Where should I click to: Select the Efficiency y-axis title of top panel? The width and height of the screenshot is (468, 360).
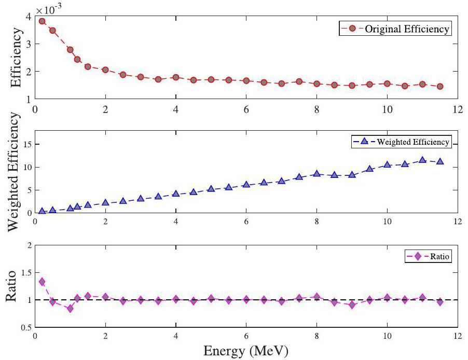point(16,58)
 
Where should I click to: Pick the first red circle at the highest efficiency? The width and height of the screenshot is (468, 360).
point(42,21)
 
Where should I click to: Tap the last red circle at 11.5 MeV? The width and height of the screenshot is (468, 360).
point(440,86)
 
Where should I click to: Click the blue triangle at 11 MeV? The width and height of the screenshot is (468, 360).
point(422,160)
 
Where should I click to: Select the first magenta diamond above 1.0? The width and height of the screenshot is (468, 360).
point(42,282)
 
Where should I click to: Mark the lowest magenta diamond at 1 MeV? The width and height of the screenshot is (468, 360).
point(70,309)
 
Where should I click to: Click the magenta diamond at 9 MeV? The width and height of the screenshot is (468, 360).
point(352,305)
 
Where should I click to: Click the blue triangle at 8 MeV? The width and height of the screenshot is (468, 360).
point(316,174)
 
